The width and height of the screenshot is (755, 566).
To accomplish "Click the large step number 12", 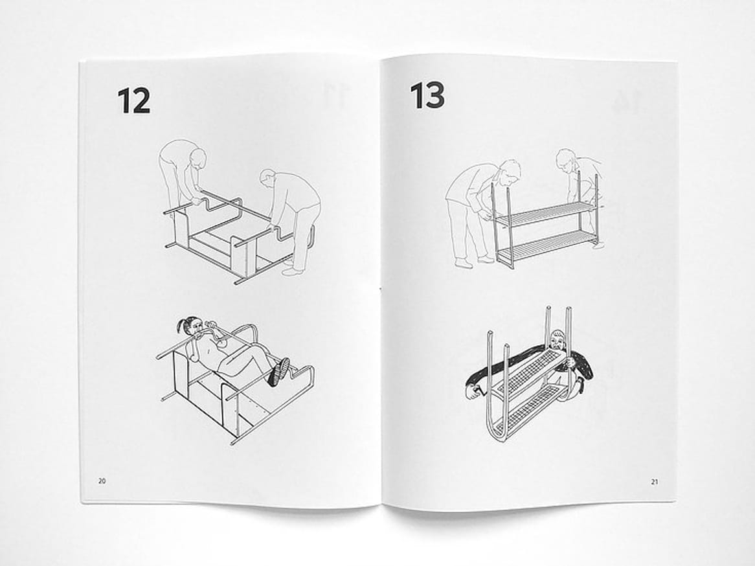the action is [x=134, y=100].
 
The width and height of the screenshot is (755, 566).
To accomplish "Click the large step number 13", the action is [x=427, y=95].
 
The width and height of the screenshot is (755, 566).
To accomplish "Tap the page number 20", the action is [x=102, y=481].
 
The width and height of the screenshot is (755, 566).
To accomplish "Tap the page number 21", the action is [x=655, y=482].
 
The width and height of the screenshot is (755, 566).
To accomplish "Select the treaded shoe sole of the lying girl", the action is [x=279, y=372].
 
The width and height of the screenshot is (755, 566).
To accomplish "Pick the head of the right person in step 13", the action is [x=566, y=161].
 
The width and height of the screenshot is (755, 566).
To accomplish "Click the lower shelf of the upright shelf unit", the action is [x=545, y=243].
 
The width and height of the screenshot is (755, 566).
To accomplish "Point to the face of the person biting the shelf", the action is [x=556, y=341].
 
